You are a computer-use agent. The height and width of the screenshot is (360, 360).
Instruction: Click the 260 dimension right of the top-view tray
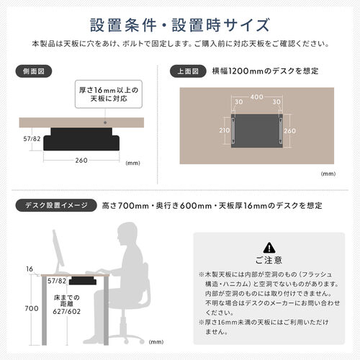point(289,131)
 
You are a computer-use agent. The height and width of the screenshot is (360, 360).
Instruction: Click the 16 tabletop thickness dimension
point(29,268)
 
